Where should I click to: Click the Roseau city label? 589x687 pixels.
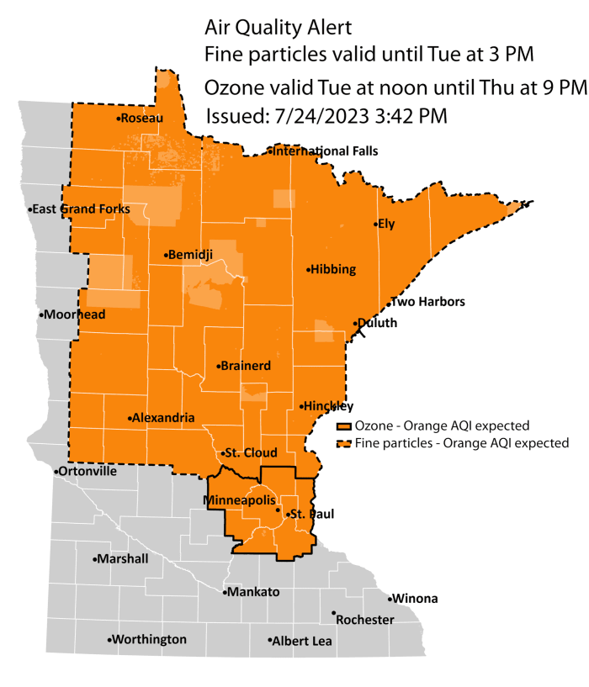(142, 119)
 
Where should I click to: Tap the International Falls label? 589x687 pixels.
(325, 151)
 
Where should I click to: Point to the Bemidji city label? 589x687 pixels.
(191, 254)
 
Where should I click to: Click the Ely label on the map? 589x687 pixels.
(386, 225)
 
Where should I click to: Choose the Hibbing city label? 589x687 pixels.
(333, 270)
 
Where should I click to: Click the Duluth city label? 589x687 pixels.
(376, 323)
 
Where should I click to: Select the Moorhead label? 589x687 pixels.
(74, 314)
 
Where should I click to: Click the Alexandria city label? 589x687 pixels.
(163, 418)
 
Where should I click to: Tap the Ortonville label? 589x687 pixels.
(88, 472)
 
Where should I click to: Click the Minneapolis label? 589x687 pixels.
(240, 500)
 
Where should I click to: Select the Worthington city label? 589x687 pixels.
(150, 640)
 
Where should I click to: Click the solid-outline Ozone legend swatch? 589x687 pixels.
(344, 425)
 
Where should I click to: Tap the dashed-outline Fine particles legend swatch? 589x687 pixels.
(344, 442)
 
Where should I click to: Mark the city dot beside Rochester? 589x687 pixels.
(334, 613)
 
